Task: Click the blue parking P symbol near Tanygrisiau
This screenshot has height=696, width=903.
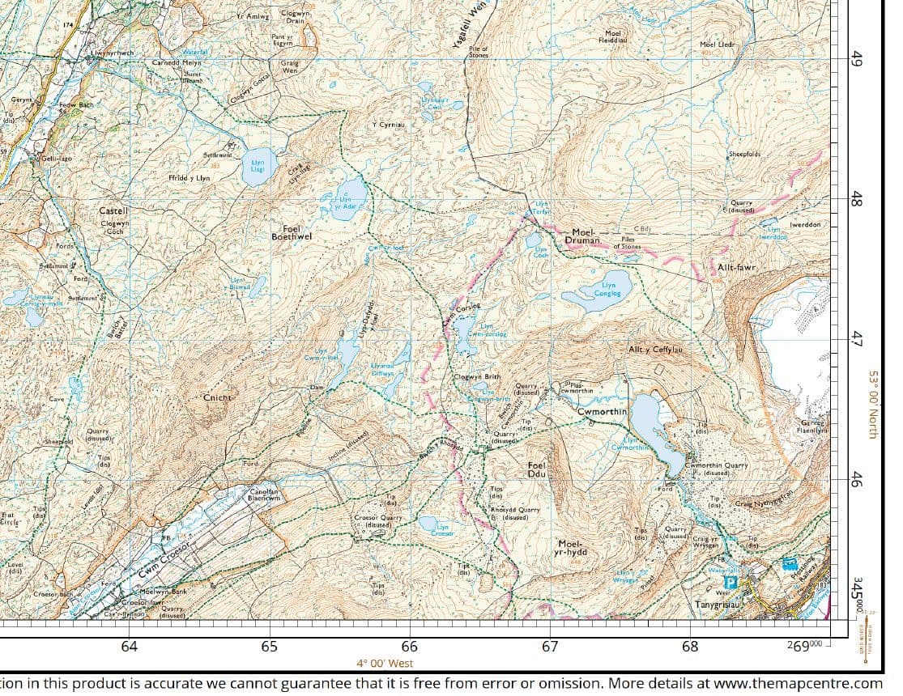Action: [x=730, y=582]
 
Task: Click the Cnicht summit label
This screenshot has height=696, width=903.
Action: [x=218, y=398]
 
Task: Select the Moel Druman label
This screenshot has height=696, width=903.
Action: [x=586, y=236]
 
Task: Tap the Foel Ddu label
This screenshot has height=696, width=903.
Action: [x=537, y=470]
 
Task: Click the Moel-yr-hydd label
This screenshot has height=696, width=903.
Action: [x=572, y=548]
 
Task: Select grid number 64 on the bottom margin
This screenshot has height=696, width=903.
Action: [x=129, y=646]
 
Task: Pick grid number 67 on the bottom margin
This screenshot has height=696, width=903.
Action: [x=550, y=646]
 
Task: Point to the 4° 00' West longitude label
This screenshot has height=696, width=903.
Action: [x=385, y=663]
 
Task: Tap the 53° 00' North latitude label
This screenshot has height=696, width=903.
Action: [x=873, y=405]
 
